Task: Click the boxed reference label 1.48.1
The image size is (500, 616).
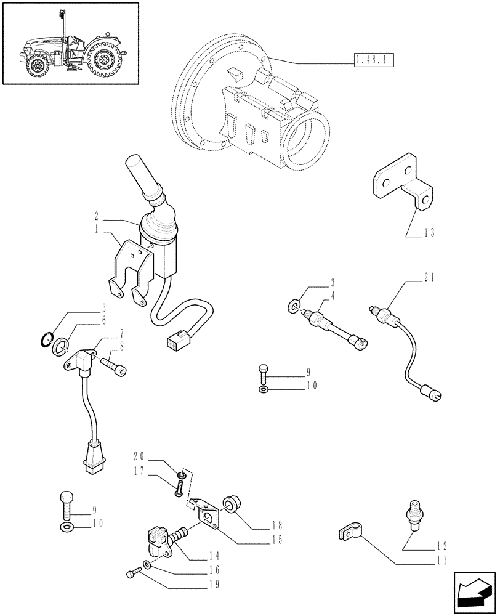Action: (x=374, y=60)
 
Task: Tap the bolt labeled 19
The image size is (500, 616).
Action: (x=131, y=575)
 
